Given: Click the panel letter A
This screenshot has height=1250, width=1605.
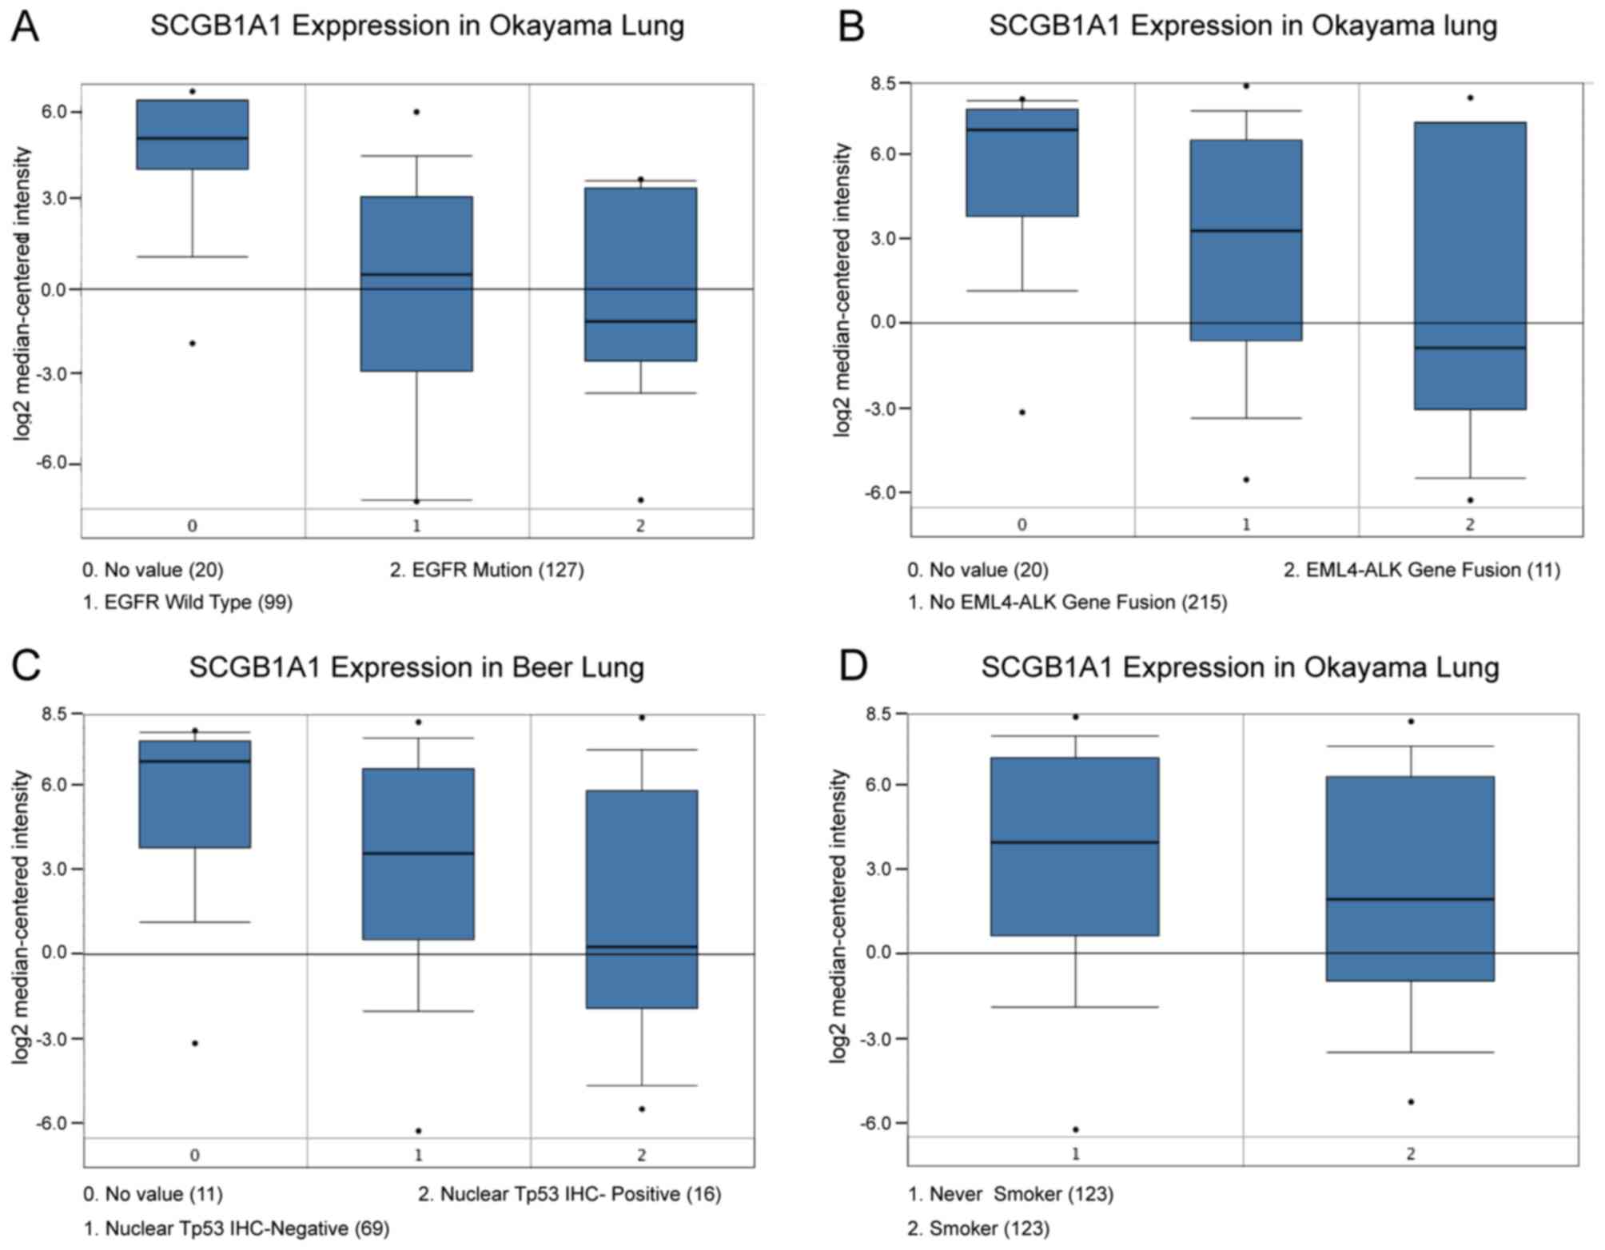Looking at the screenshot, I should click(26, 27).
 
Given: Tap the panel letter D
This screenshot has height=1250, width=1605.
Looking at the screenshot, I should click(854, 666).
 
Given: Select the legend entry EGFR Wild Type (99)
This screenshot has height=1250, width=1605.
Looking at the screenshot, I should click(188, 602).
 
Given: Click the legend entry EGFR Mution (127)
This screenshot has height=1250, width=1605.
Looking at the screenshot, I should click(487, 570).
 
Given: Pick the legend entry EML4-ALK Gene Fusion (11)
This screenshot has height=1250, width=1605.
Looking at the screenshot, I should click(1422, 570).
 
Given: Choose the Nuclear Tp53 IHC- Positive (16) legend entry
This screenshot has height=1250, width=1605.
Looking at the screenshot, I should click(569, 1194).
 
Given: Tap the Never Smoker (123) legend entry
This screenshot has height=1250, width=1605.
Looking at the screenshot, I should click(1010, 1194).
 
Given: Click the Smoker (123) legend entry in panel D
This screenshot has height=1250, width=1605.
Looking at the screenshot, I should click(978, 1228).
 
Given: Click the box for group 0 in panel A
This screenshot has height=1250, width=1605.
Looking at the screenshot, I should click(193, 134).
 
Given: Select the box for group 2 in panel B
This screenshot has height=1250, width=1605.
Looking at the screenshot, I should click(1470, 265).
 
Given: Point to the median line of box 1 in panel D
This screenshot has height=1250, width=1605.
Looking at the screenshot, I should click(1076, 842).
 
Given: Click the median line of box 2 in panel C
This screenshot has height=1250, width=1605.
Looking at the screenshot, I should click(642, 947).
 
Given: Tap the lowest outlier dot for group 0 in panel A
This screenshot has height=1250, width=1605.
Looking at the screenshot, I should click(193, 343).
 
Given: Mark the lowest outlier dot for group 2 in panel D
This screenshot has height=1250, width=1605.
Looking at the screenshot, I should click(1411, 1102).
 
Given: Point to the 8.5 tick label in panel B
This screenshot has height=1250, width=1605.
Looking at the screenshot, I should click(881, 83).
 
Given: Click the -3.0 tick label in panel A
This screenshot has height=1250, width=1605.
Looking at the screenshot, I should click(54, 373).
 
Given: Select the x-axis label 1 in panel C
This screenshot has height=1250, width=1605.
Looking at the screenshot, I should click(418, 1154).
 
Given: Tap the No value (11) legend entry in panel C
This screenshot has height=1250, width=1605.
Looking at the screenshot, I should click(153, 1194).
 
